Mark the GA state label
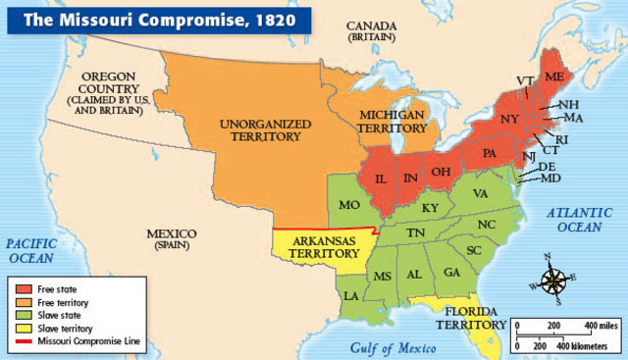point(451,273)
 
